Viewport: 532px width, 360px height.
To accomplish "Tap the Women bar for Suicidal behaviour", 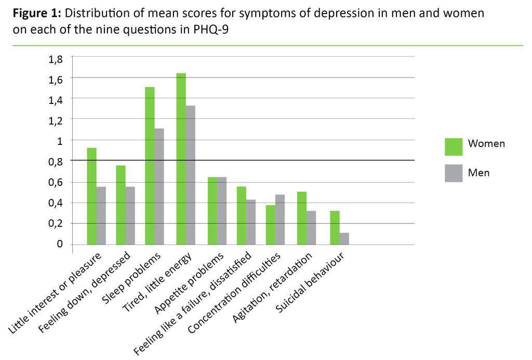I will click(x=335, y=228).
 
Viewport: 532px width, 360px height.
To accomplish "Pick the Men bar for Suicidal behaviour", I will click(x=344, y=238).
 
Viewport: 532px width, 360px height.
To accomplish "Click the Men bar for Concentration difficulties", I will click(x=280, y=219).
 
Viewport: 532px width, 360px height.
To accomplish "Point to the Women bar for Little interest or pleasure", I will click(x=91, y=196).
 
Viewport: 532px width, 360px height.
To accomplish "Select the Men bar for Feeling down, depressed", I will click(x=130, y=215).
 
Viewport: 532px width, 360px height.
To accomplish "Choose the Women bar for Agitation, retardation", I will click(x=302, y=218).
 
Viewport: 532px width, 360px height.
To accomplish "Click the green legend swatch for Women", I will click(x=454, y=146).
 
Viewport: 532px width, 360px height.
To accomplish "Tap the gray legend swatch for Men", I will click(x=454, y=173).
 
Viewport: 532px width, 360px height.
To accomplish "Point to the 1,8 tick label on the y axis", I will click(x=55, y=59).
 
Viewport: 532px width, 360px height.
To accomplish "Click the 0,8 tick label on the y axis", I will click(x=55, y=162).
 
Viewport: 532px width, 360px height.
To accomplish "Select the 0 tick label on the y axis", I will click(x=59, y=244).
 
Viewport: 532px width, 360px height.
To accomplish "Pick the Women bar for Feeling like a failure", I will click(x=241, y=215).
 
